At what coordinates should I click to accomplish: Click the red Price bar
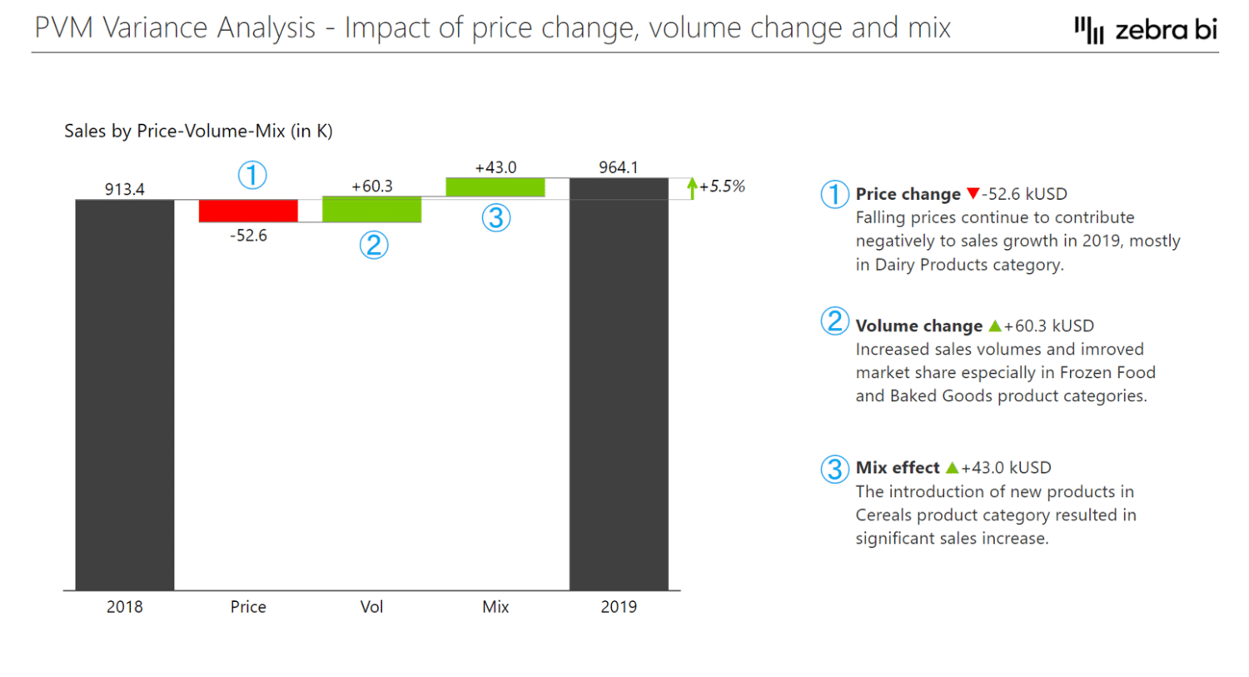pyautogui.click(x=248, y=211)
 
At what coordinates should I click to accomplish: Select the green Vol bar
pyautogui.click(x=371, y=209)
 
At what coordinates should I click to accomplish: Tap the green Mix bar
pyautogui.click(x=495, y=187)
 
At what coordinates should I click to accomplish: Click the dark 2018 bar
pyautogui.click(x=125, y=395)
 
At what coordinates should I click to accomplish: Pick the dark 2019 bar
pyautogui.click(x=619, y=384)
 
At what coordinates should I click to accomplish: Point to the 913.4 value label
pyautogui.click(x=125, y=189)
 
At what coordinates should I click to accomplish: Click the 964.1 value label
pyautogui.click(x=619, y=167)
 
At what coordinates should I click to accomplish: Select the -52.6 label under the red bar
pyautogui.click(x=248, y=236)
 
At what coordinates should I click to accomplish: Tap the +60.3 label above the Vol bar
pyautogui.click(x=371, y=186)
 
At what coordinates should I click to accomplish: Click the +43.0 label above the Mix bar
pyautogui.click(x=495, y=167)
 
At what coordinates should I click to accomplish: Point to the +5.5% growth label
pyautogui.click(x=722, y=187)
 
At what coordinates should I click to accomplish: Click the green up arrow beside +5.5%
pyautogui.click(x=691, y=187)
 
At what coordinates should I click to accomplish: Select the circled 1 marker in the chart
pyautogui.click(x=252, y=175)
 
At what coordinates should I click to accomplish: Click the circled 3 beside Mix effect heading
pyautogui.click(x=834, y=469)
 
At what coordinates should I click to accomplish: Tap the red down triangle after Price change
pyautogui.click(x=973, y=194)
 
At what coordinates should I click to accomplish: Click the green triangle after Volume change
pyautogui.click(x=994, y=326)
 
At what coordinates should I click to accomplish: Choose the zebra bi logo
pyautogui.click(x=1146, y=30)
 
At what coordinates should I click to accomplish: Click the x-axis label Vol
pyautogui.click(x=371, y=607)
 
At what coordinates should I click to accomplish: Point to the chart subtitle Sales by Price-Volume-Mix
pyautogui.click(x=198, y=132)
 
